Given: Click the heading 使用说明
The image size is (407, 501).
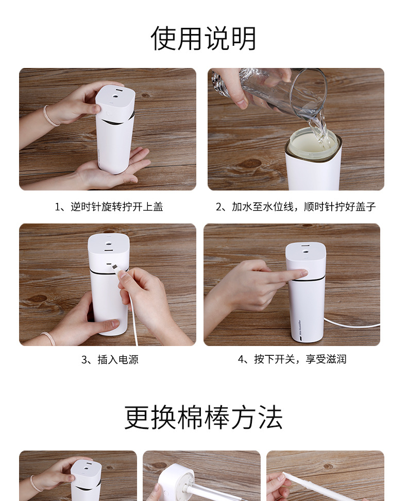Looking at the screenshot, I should click(x=203, y=38).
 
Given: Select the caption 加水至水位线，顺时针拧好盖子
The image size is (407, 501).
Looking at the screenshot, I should click(x=295, y=207).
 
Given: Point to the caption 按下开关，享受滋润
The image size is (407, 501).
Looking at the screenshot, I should click(x=292, y=359).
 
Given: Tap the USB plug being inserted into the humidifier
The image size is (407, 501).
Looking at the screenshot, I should click(x=116, y=270).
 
